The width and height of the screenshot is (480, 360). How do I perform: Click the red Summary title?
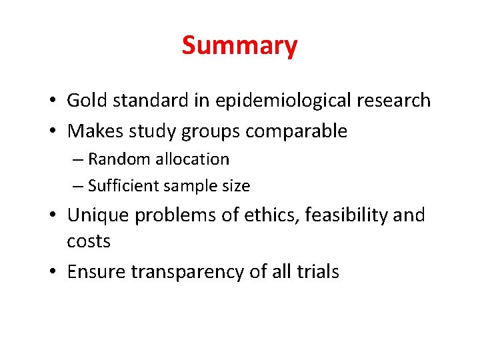click(x=239, y=46)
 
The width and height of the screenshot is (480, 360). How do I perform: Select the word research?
click(x=393, y=101)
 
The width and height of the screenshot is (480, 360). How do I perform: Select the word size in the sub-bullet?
click(x=236, y=186)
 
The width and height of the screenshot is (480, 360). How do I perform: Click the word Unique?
click(x=99, y=215)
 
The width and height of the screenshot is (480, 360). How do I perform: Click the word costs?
click(x=89, y=241)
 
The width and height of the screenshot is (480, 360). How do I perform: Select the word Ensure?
click(x=97, y=272)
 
